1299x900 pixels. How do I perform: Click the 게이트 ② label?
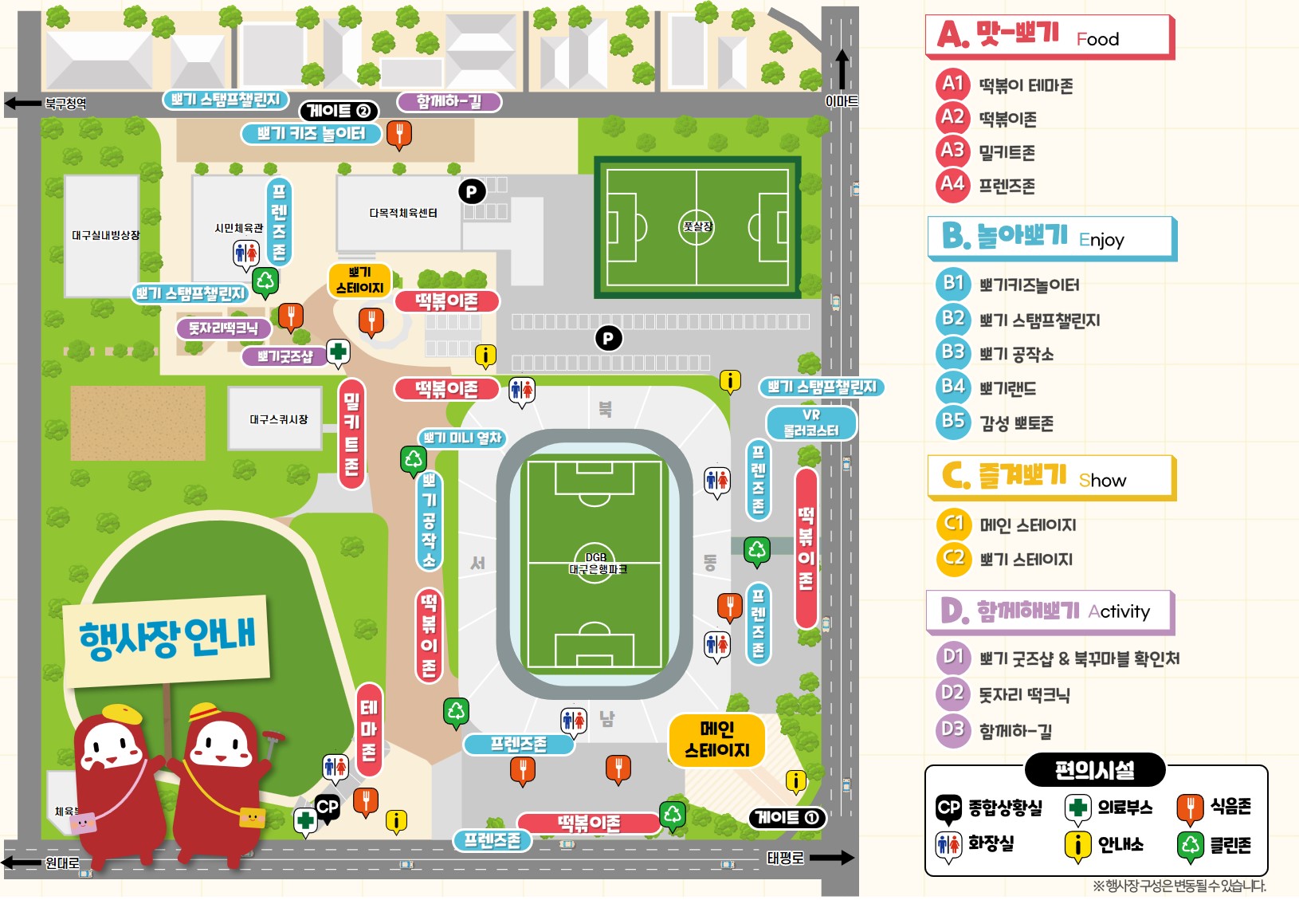[x=339, y=111]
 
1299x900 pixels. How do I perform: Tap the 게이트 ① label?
[x=787, y=818]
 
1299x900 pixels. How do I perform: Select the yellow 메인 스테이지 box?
[x=716, y=740]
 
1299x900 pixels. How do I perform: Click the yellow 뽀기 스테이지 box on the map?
[x=359, y=281]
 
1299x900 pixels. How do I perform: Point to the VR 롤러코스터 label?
[x=810, y=423]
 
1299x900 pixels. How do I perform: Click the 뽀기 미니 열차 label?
[x=461, y=438]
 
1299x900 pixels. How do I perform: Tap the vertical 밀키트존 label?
[x=351, y=434]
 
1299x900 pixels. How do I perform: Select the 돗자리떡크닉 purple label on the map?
[x=223, y=328]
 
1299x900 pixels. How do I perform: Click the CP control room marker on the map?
[x=327, y=807]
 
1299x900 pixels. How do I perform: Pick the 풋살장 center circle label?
[x=697, y=226]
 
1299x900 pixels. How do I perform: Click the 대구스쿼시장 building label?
[x=278, y=419]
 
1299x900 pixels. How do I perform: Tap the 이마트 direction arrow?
[x=842, y=70]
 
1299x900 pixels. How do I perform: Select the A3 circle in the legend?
[x=952, y=151]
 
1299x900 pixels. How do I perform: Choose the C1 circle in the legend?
[x=953, y=524]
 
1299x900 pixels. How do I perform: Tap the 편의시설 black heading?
[x=1094, y=770]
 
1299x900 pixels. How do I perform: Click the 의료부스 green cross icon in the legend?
[x=1077, y=808]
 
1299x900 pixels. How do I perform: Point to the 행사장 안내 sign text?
[x=167, y=639]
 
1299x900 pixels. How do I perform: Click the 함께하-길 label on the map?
[x=449, y=102]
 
